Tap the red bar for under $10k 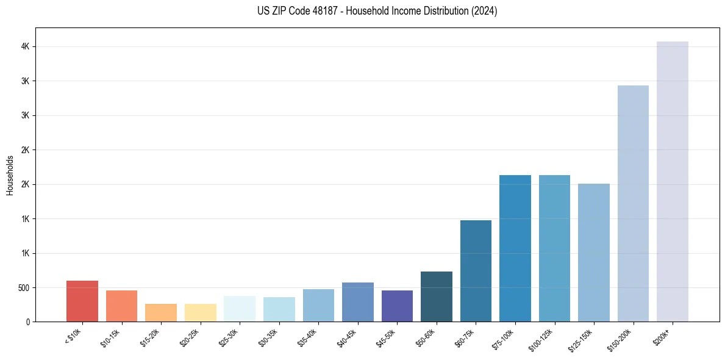[82, 301]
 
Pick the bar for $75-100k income [515, 248]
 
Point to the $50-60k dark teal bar [436, 297]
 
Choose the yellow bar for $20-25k [200, 312]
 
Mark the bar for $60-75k [476, 271]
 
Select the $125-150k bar [593, 253]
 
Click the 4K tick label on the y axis [25, 47]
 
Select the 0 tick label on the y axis [28, 322]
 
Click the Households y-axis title [10, 175]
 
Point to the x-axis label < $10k [74, 335]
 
